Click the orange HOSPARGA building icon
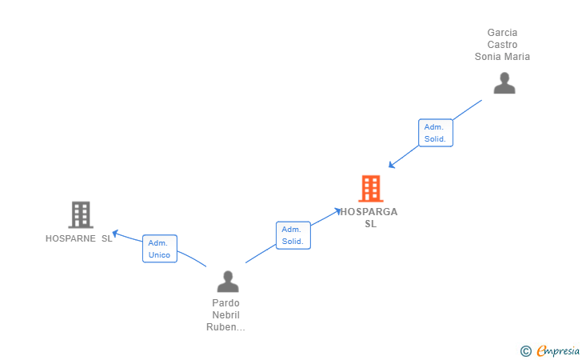pyautogui.click(x=371, y=189)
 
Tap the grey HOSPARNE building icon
pyautogui.click(x=80, y=214)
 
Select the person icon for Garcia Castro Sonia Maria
pyautogui.click(x=504, y=83)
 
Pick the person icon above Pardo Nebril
pyautogui.click(x=228, y=282)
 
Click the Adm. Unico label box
pyautogui.click(x=159, y=249)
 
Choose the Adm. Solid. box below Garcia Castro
pyautogui.click(x=435, y=133)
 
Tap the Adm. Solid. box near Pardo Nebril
pyautogui.click(x=293, y=235)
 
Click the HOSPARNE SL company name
pyautogui.click(x=78, y=238)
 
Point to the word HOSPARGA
pyautogui.click(x=369, y=212)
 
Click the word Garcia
pyautogui.click(x=502, y=33)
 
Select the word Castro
pyautogui.click(x=502, y=45)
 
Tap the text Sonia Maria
pyautogui.click(x=502, y=57)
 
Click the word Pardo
pyautogui.click(x=225, y=303)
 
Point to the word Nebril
pyautogui.click(x=225, y=315)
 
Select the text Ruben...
pyautogui.click(x=222, y=326)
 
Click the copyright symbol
pyautogui.click(x=525, y=350)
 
